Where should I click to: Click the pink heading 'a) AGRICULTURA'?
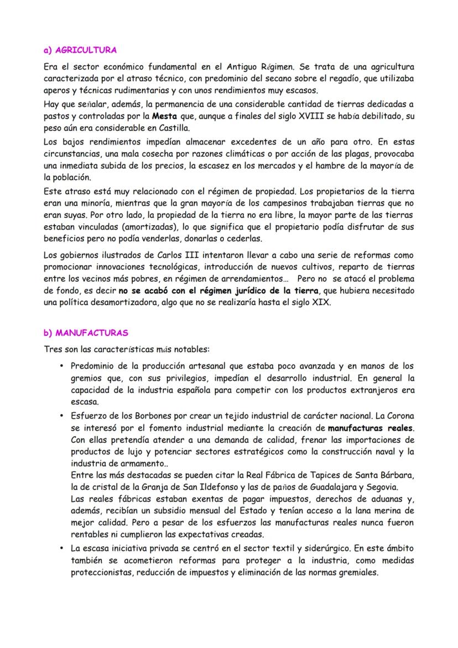[x=80, y=50]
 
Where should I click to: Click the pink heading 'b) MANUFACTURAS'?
[x=86, y=333]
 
